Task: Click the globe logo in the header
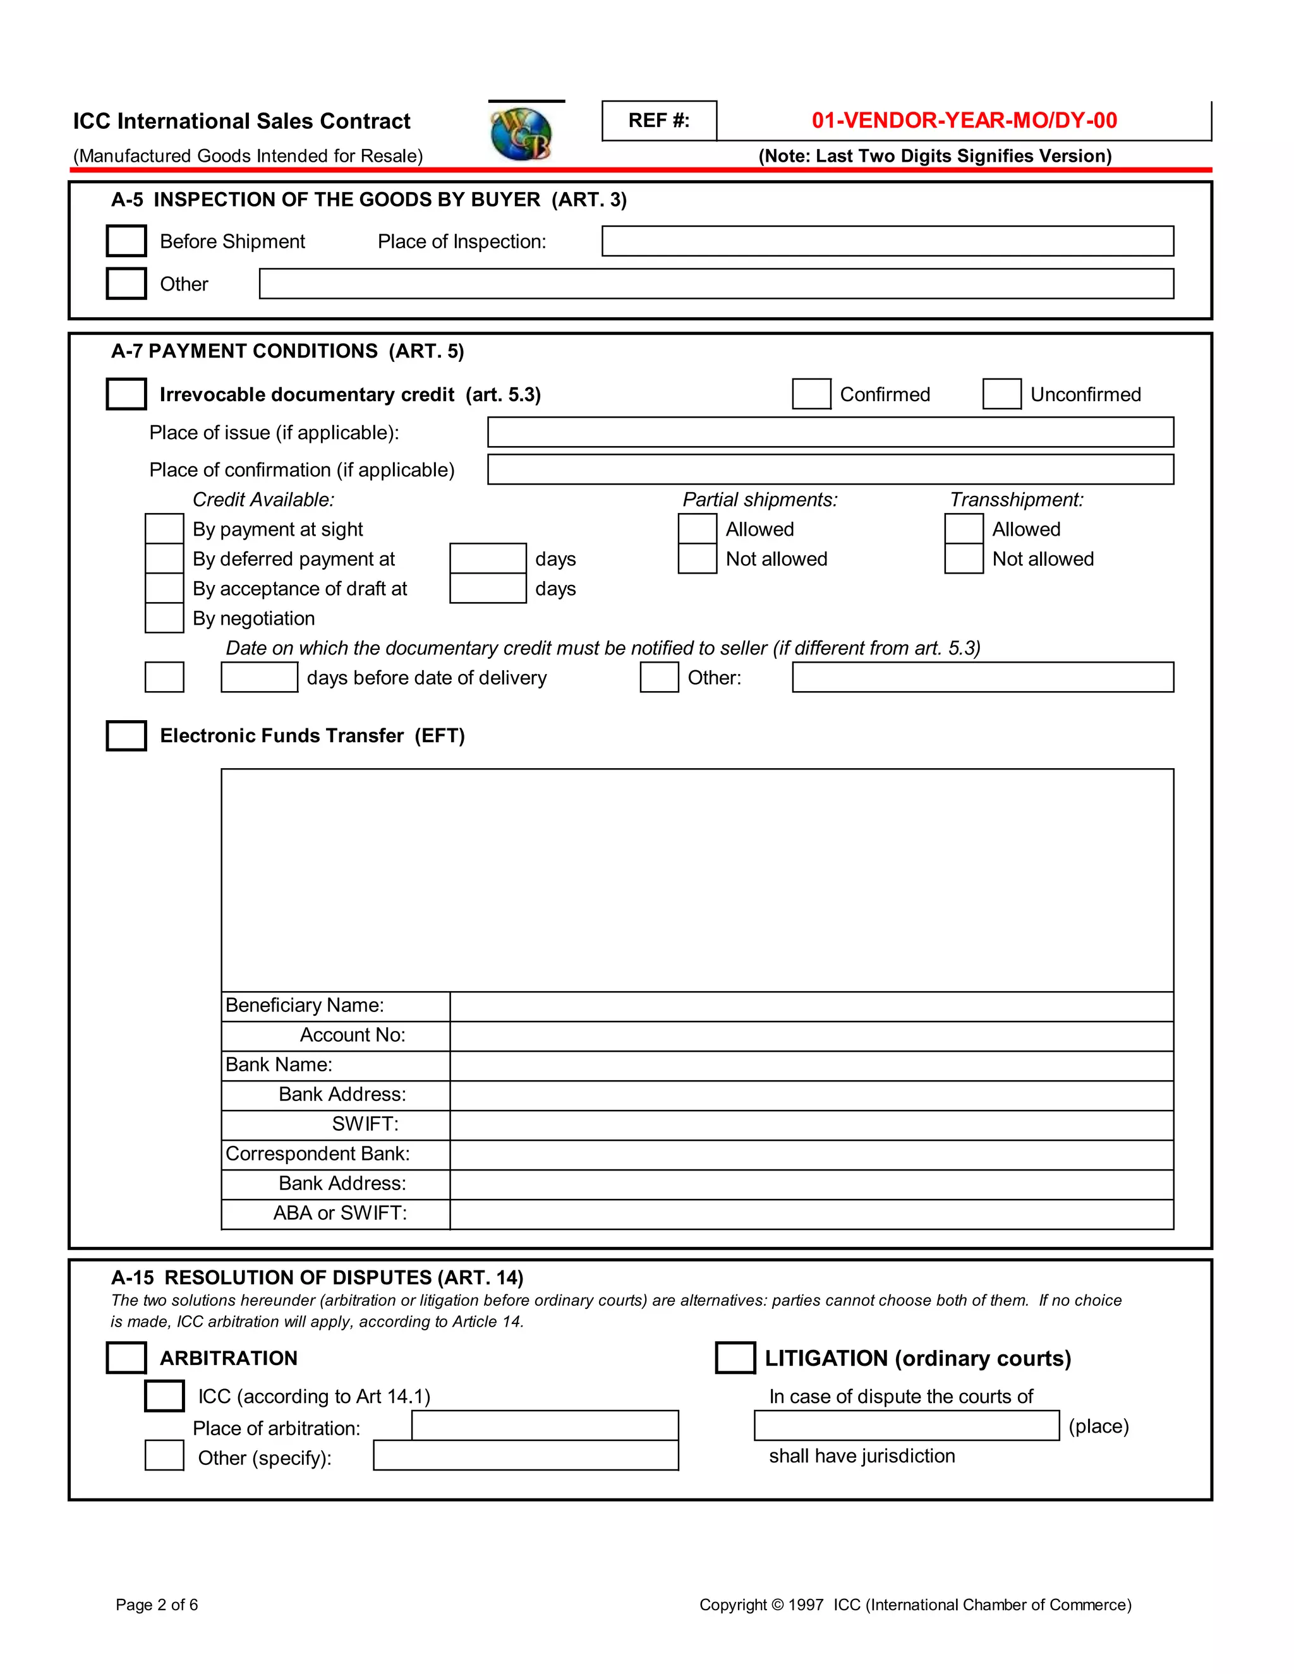(x=521, y=133)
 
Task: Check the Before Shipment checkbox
(x=126, y=241)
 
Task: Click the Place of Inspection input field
(x=887, y=241)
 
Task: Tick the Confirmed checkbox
(x=811, y=394)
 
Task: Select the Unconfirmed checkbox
(x=1001, y=394)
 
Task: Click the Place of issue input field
(x=830, y=432)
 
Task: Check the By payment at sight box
(x=164, y=529)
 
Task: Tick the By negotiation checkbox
(x=164, y=618)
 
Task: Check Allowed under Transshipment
(x=964, y=529)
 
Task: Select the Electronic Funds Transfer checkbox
(x=126, y=736)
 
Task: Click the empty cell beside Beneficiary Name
(x=811, y=1006)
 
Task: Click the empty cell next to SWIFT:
(x=811, y=1125)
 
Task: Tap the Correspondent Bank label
(x=317, y=1153)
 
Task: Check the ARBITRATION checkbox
(x=126, y=1358)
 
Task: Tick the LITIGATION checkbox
(x=735, y=1358)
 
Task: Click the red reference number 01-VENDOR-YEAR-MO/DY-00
(x=964, y=120)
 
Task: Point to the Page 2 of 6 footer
(x=157, y=1605)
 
